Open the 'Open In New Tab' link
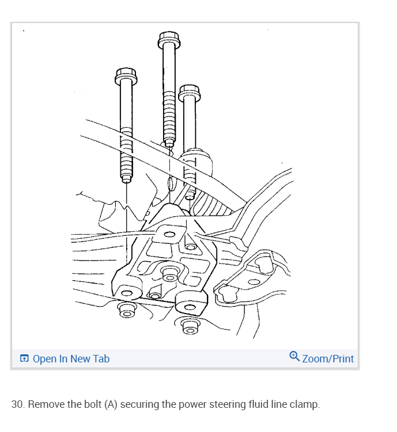point(71,359)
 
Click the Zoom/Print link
point(328,359)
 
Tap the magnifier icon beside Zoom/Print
point(294,357)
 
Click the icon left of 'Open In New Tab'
point(24,359)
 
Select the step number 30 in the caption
point(17,404)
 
